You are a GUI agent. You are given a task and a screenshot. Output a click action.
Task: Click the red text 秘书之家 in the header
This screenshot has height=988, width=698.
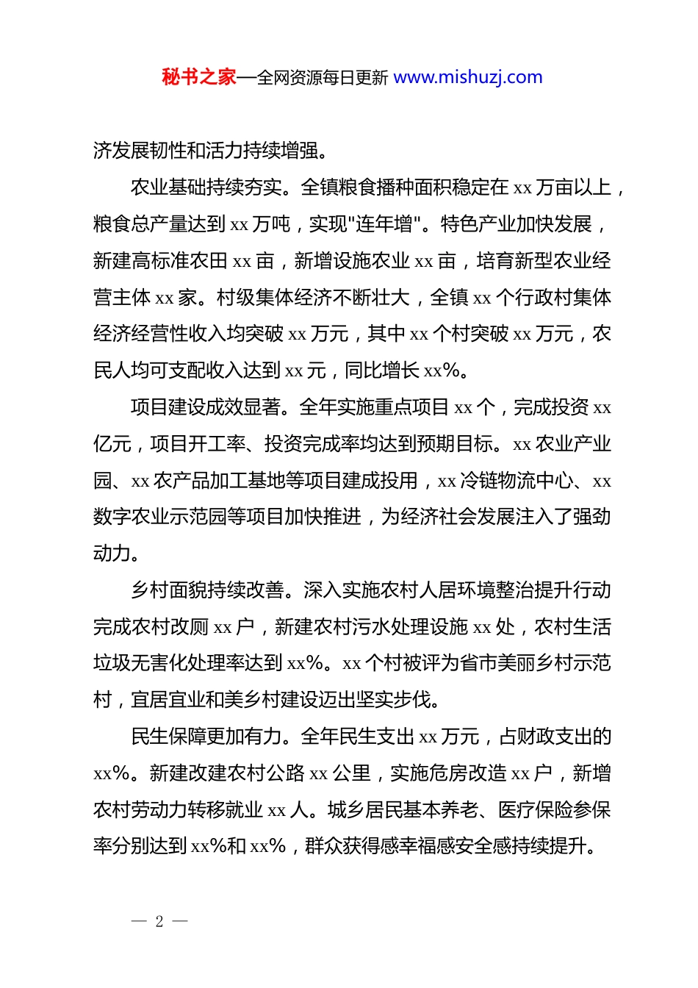point(199,77)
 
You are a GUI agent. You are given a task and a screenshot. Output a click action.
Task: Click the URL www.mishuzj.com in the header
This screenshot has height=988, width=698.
point(468,77)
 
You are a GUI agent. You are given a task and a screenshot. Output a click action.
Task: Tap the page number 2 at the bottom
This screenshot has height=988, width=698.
point(159,921)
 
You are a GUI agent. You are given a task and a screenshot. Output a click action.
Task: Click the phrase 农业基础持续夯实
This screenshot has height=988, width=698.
point(206,187)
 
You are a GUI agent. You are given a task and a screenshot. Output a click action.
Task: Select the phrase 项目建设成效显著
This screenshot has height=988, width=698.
point(206,407)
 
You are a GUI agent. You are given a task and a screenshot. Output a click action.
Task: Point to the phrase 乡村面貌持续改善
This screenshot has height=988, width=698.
point(206,590)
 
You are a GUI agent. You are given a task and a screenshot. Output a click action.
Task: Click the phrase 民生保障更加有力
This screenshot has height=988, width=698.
point(206,737)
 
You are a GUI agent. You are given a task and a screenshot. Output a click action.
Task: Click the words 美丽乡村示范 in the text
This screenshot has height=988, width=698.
point(554,664)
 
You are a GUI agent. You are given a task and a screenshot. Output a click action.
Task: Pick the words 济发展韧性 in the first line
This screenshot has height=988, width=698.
point(140,151)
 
